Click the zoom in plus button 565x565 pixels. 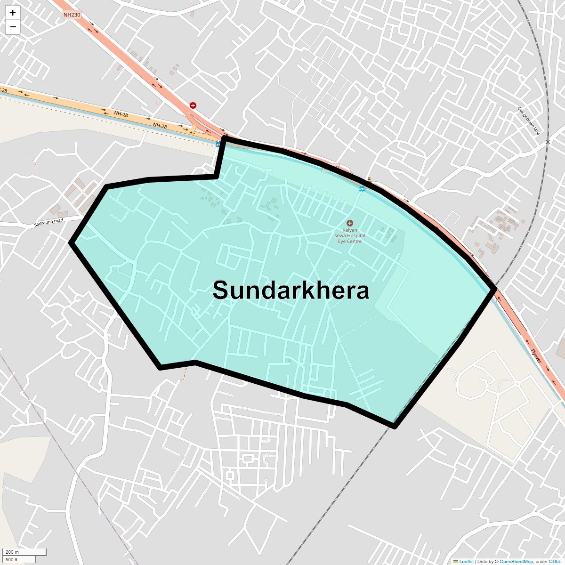click(x=13, y=13)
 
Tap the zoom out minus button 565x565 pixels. click(x=13, y=27)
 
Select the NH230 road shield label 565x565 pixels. click(x=72, y=15)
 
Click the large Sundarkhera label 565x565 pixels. click(x=291, y=290)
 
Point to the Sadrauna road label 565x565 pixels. click(x=48, y=223)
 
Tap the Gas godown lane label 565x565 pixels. click(x=529, y=121)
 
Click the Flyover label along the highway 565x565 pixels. click(x=536, y=356)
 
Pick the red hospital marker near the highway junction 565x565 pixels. click(x=193, y=105)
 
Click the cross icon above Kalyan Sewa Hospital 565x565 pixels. click(x=349, y=223)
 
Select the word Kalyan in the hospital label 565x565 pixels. click(x=350, y=230)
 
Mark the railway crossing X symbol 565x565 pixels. click(x=548, y=142)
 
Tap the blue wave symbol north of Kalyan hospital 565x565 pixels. click(x=361, y=189)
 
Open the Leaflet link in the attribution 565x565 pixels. click(x=466, y=561)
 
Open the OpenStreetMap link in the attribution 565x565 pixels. click(x=516, y=561)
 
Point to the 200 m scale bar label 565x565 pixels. click(x=12, y=552)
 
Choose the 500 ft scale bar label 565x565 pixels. click(x=12, y=559)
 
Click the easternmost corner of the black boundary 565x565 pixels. click(x=494, y=289)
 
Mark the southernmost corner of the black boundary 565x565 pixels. click(x=395, y=427)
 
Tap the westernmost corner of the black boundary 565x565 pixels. click(x=72, y=242)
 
